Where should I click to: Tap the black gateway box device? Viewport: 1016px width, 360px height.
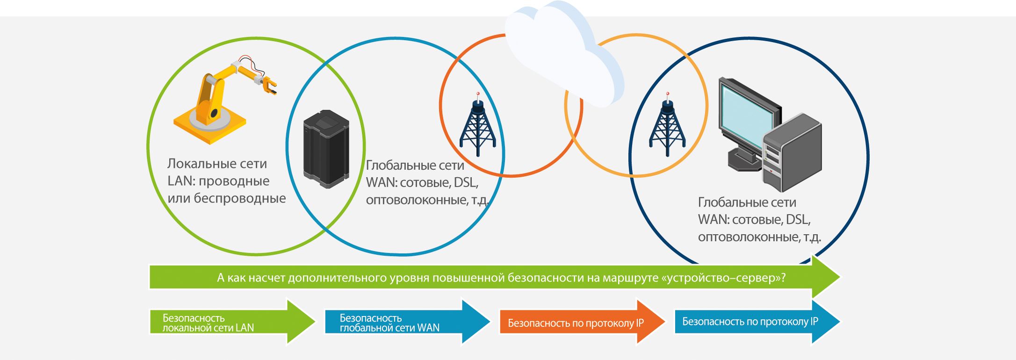tap(326, 149)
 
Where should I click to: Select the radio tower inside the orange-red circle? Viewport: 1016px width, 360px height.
tap(477, 126)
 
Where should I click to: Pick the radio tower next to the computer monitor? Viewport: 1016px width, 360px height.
tap(667, 126)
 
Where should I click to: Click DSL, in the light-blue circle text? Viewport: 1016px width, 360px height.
tap(466, 182)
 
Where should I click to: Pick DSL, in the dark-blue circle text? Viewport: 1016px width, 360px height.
tap(798, 220)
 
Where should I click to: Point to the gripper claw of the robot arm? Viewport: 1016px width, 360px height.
tap(269, 86)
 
